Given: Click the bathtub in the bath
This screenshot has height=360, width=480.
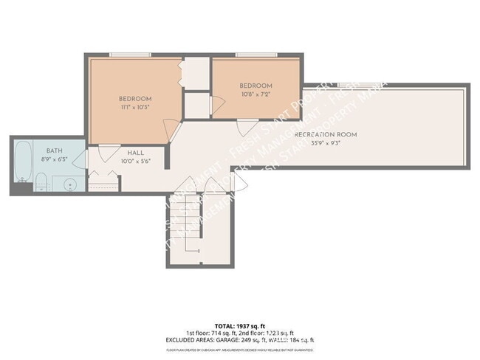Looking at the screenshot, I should coord(23,161).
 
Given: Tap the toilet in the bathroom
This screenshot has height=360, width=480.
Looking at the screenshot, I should coord(42,181).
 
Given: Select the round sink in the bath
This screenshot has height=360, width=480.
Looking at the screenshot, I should coord(70,183).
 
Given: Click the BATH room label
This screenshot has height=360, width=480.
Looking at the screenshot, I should coord(34,150).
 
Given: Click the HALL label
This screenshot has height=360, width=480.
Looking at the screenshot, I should coord(136,153).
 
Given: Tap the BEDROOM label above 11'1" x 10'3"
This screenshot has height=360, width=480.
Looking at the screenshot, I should coord(135,99).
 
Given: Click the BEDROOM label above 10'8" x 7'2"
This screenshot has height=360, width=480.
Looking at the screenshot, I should coord(256,86).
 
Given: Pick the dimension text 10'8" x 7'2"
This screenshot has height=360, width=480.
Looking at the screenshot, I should coord(256,94).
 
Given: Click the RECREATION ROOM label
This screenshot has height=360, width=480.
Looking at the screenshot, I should coord(326,134).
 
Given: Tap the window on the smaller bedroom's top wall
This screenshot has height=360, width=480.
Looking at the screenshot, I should coord(256,55).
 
